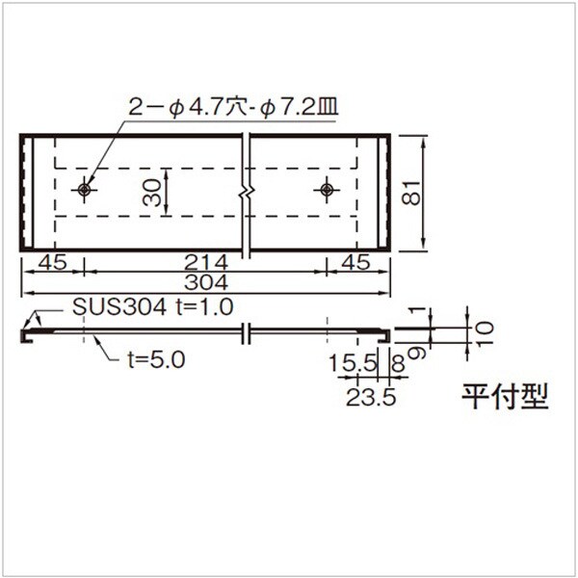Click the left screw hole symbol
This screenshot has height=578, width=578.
click(85, 190)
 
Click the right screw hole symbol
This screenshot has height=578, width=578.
click(327, 190)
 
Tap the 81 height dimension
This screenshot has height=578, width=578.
click(411, 193)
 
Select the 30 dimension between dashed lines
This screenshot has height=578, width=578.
click(152, 192)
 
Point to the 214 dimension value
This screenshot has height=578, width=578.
click(206, 262)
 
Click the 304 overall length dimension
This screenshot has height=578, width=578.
click(206, 282)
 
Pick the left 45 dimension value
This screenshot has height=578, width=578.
click(53, 262)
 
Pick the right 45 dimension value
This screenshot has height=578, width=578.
click(355, 262)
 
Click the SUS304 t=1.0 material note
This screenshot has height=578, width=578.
click(152, 306)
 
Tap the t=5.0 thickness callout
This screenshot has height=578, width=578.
click(156, 359)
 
